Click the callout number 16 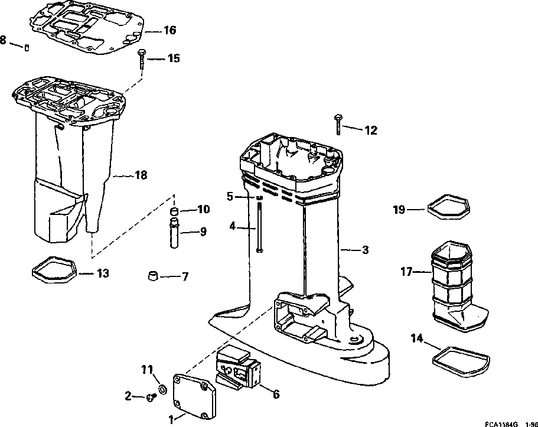coord(169,30)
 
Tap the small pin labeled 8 coord(27,47)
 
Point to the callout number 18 coord(141,175)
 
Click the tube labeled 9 coord(175,232)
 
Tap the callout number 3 coord(365,250)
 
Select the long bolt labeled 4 coord(258,227)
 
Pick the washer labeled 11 coord(161,390)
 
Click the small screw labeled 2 coord(150,398)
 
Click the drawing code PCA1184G coord(501,423)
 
